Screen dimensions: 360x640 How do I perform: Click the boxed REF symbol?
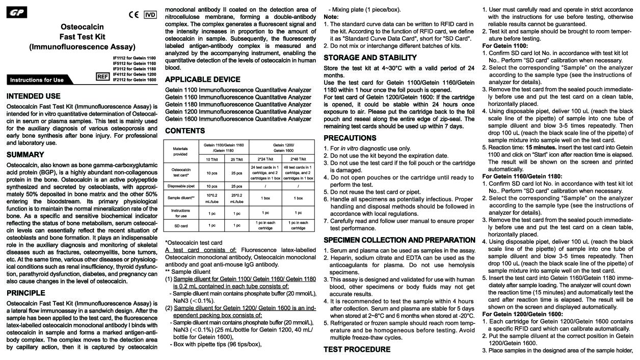point(103,76)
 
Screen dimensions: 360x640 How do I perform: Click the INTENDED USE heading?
point(34,96)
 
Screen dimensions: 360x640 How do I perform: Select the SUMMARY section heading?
point(25,155)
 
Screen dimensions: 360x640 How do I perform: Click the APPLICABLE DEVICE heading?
point(203,80)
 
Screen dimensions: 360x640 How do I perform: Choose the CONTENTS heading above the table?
point(185,131)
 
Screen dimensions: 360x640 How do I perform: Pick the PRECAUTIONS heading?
point(350,138)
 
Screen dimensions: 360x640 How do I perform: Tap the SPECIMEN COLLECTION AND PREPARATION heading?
point(399,240)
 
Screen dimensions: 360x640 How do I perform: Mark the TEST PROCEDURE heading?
point(357,349)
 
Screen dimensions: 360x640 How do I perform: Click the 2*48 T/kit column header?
point(298,159)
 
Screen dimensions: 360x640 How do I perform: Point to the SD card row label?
point(180,225)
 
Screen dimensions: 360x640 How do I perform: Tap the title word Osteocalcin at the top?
point(82,27)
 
